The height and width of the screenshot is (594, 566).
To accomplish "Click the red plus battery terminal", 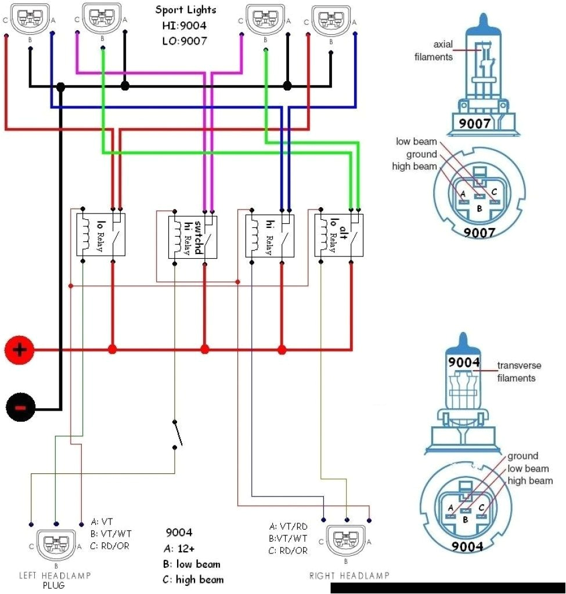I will [x=20, y=350].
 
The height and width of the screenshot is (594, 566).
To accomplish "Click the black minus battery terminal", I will [x=20, y=409].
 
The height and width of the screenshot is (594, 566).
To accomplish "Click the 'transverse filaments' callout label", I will [x=518, y=372].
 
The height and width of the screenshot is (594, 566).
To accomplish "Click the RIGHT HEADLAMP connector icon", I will [x=346, y=539].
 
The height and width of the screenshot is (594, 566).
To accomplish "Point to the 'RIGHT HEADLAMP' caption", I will [x=349, y=575].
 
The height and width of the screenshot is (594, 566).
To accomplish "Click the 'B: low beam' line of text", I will [x=192, y=564].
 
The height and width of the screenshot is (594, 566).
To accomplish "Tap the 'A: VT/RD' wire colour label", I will [x=289, y=527].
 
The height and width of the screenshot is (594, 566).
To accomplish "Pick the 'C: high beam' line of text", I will [x=193, y=579].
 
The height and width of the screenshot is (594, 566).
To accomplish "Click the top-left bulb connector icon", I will [x=29, y=17].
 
